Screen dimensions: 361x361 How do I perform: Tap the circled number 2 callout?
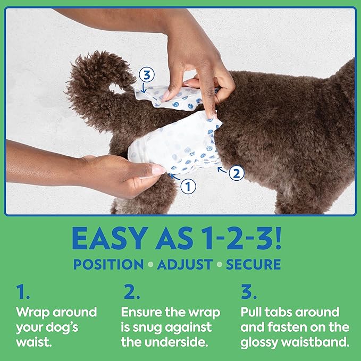[238, 172]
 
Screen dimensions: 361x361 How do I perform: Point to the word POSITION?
[108, 265]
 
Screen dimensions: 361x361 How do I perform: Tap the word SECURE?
[254, 265]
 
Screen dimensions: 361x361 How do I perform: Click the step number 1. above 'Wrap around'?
[22, 292]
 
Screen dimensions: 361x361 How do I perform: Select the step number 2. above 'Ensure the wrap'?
[131, 292]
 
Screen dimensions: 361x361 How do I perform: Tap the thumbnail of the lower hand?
[158, 170]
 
